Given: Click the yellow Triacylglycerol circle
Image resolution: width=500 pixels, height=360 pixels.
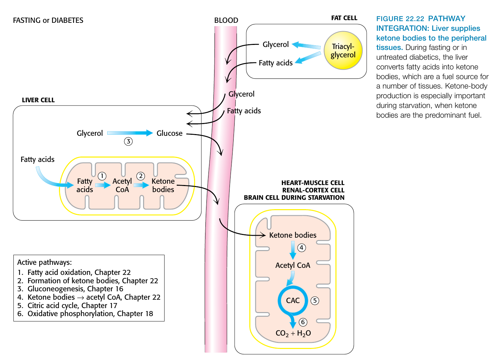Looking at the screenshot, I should [x=343, y=51].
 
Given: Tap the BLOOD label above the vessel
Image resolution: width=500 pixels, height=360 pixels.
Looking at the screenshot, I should [x=226, y=20].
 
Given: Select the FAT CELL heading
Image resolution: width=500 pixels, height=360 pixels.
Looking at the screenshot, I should [x=344, y=18].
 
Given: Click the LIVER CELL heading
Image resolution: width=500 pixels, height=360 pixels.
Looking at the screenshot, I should [x=38, y=100].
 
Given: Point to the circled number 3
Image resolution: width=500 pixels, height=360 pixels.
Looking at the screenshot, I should [x=128, y=141].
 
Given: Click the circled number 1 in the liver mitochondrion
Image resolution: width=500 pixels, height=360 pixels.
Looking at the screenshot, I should [x=102, y=176].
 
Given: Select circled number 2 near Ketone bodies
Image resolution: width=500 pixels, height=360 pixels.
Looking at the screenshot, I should [x=141, y=176].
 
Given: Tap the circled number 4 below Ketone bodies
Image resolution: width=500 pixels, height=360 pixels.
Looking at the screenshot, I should [x=302, y=248].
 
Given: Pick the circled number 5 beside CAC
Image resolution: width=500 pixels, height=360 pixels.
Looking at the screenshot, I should [x=315, y=300].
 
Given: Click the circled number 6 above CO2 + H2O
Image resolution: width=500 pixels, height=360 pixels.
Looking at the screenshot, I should [x=303, y=322].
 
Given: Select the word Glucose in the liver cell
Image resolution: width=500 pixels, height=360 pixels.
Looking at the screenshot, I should [x=170, y=133].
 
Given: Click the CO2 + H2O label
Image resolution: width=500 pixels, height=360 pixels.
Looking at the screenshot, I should [x=293, y=333].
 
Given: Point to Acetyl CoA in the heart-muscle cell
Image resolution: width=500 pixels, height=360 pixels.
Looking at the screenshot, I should [x=293, y=265].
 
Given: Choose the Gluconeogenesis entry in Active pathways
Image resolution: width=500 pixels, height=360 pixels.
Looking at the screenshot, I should [x=75, y=289].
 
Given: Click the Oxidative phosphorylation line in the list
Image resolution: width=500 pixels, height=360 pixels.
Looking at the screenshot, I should [x=90, y=314].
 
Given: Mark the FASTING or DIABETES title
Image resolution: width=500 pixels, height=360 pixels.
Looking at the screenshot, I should [x=48, y=20].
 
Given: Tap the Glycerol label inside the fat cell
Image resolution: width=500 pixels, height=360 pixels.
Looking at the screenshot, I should [x=275, y=45].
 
